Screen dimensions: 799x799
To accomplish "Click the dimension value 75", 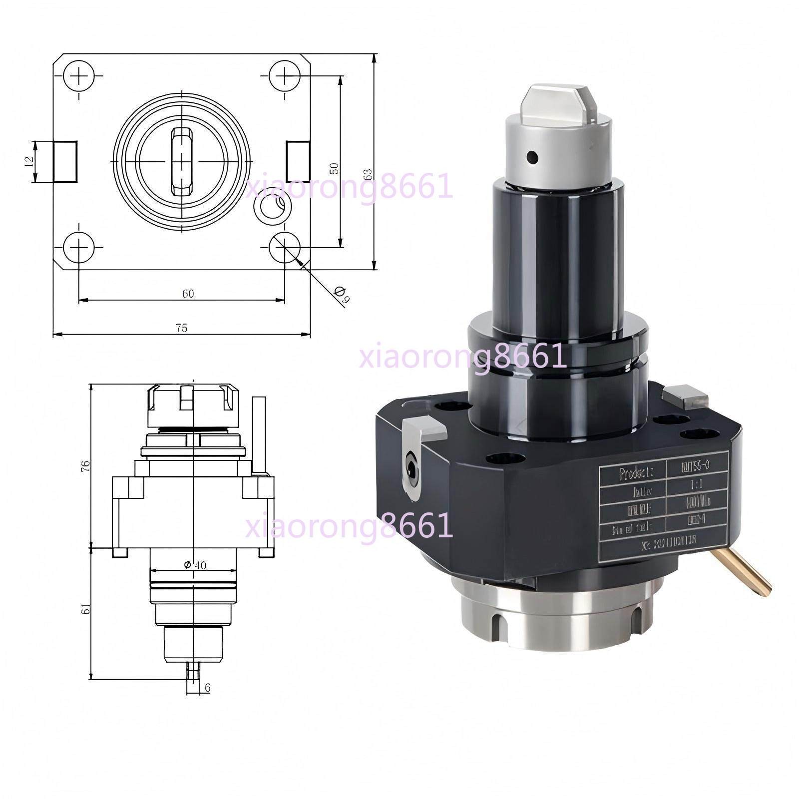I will (181, 328).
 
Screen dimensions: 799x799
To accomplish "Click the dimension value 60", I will (188, 294).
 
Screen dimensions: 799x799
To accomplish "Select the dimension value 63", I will (368, 174).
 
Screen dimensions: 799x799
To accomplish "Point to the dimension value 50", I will (335, 168).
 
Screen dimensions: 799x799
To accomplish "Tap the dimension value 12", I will (29, 161).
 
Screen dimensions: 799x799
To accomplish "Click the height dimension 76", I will (86, 466).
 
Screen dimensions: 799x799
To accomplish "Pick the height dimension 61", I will (85, 610).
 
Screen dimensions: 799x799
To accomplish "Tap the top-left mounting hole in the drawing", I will (79, 76).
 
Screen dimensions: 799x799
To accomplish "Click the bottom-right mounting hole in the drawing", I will (285, 246).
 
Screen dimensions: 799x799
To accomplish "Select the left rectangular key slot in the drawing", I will (65, 161).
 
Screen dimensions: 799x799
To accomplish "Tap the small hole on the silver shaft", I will (533, 158).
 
